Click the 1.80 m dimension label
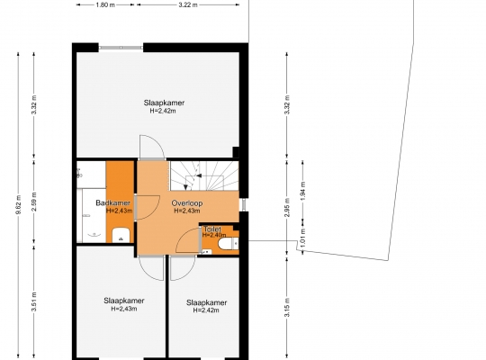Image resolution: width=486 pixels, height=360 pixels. pyautogui.click(x=105, y=5)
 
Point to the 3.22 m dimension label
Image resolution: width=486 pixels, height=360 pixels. pyautogui.click(x=188, y=5)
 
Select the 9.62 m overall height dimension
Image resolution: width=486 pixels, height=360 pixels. pyautogui.click(x=18, y=205)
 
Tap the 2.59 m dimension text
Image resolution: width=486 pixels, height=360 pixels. pyautogui.click(x=34, y=202)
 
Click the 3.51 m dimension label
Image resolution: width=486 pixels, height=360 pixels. pyautogui.click(x=34, y=301)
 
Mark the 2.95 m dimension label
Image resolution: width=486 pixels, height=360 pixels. pyautogui.click(x=287, y=207)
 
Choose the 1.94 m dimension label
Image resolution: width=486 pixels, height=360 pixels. pyautogui.click(x=302, y=191)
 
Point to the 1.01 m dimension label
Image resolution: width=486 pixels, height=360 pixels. pyautogui.click(x=302, y=238)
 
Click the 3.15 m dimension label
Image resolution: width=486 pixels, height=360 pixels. pyautogui.click(x=287, y=307)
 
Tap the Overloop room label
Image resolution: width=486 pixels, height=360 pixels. pyautogui.click(x=187, y=203)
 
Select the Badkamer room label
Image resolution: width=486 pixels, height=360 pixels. pyautogui.click(x=112, y=203)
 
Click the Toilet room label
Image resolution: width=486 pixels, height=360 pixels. pyautogui.click(x=212, y=229)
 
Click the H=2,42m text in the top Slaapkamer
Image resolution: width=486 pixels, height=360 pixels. pyautogui.click(x=163, y=111)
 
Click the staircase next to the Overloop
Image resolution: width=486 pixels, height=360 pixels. pyautogui.click(x=204, y=175)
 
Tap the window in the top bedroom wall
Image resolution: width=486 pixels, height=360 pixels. pyautogui.click(x=121, y=48)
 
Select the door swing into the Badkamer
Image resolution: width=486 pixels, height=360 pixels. pyautogui.click(x=148, y=207)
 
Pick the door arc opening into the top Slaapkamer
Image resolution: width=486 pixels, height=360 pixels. pyautogui.click(x=152, y=147)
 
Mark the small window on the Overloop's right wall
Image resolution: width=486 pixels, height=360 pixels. pyautogui.click(x=244, y=204)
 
